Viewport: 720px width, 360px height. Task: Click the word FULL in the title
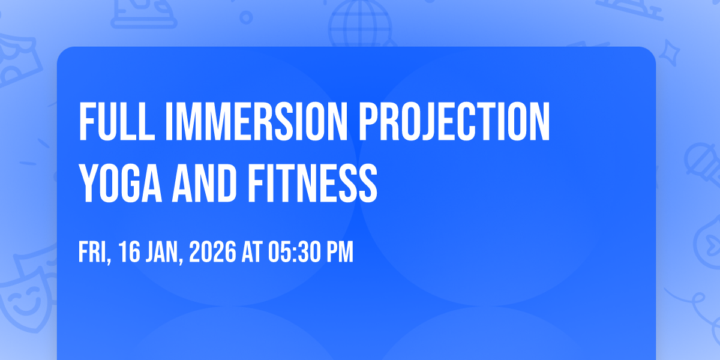tap(117, 121)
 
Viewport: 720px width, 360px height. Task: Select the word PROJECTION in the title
tap(454, 121)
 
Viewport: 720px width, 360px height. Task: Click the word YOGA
tap(121, 183)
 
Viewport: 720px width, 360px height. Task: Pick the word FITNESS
tap(312, 183)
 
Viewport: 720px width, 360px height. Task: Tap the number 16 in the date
tap(129, 252)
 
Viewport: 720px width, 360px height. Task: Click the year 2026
tap(212, 252)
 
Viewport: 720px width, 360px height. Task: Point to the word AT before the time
tap(253, 252)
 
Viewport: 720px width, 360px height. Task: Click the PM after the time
tap(340, 252)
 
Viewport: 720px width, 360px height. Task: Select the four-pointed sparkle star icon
tap(669, 53)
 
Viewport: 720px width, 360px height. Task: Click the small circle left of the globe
tap(246, 17)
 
